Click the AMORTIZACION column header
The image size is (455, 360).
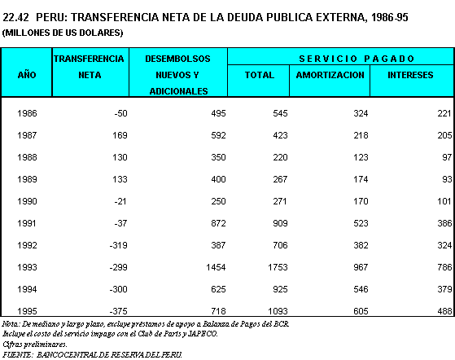pyautogui.click(x=330, y=75)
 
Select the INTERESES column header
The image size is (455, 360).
pyautogui.click(x=410, y=75)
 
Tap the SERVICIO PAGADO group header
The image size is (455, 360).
pyautogui.click(x=357, y=59)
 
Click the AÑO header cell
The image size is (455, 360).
pyautogui.click(x=27, y=75)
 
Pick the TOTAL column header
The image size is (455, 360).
pyautogui.click(x=260, y=75)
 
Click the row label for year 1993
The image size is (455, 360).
pyautogui.click(x=27, y=267)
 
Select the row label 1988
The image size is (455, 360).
pyautogui.click(x=27, y=157)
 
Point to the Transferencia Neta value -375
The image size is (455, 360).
pyautogui.click(x=118, y=311)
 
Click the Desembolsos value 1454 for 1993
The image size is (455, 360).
pyautogui.click(x=216, y=267)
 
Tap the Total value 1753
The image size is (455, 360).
pyautogui.click(x=278, y=267)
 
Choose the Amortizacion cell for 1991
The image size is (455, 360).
pyautogui.click(x=361, y=223)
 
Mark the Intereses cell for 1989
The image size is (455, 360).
pyautogui.click(x=447, y=179)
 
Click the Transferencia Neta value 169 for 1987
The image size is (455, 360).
pyautogui.click(x=120, y=135)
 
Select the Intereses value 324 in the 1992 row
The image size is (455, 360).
pyautogui.click(x=444, y=245)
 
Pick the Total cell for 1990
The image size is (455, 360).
pyautogui.click(x=280, y=201)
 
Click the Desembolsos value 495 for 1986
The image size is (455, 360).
pyautogui.click(x=218, y=113)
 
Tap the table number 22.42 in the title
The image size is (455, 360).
pyautogui.click(x=15, y=17)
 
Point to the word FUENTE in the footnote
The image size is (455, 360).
pyautogui.click(x=17, y=355)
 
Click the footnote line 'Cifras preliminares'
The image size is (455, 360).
pyautogui.click(x=35, y=345)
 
